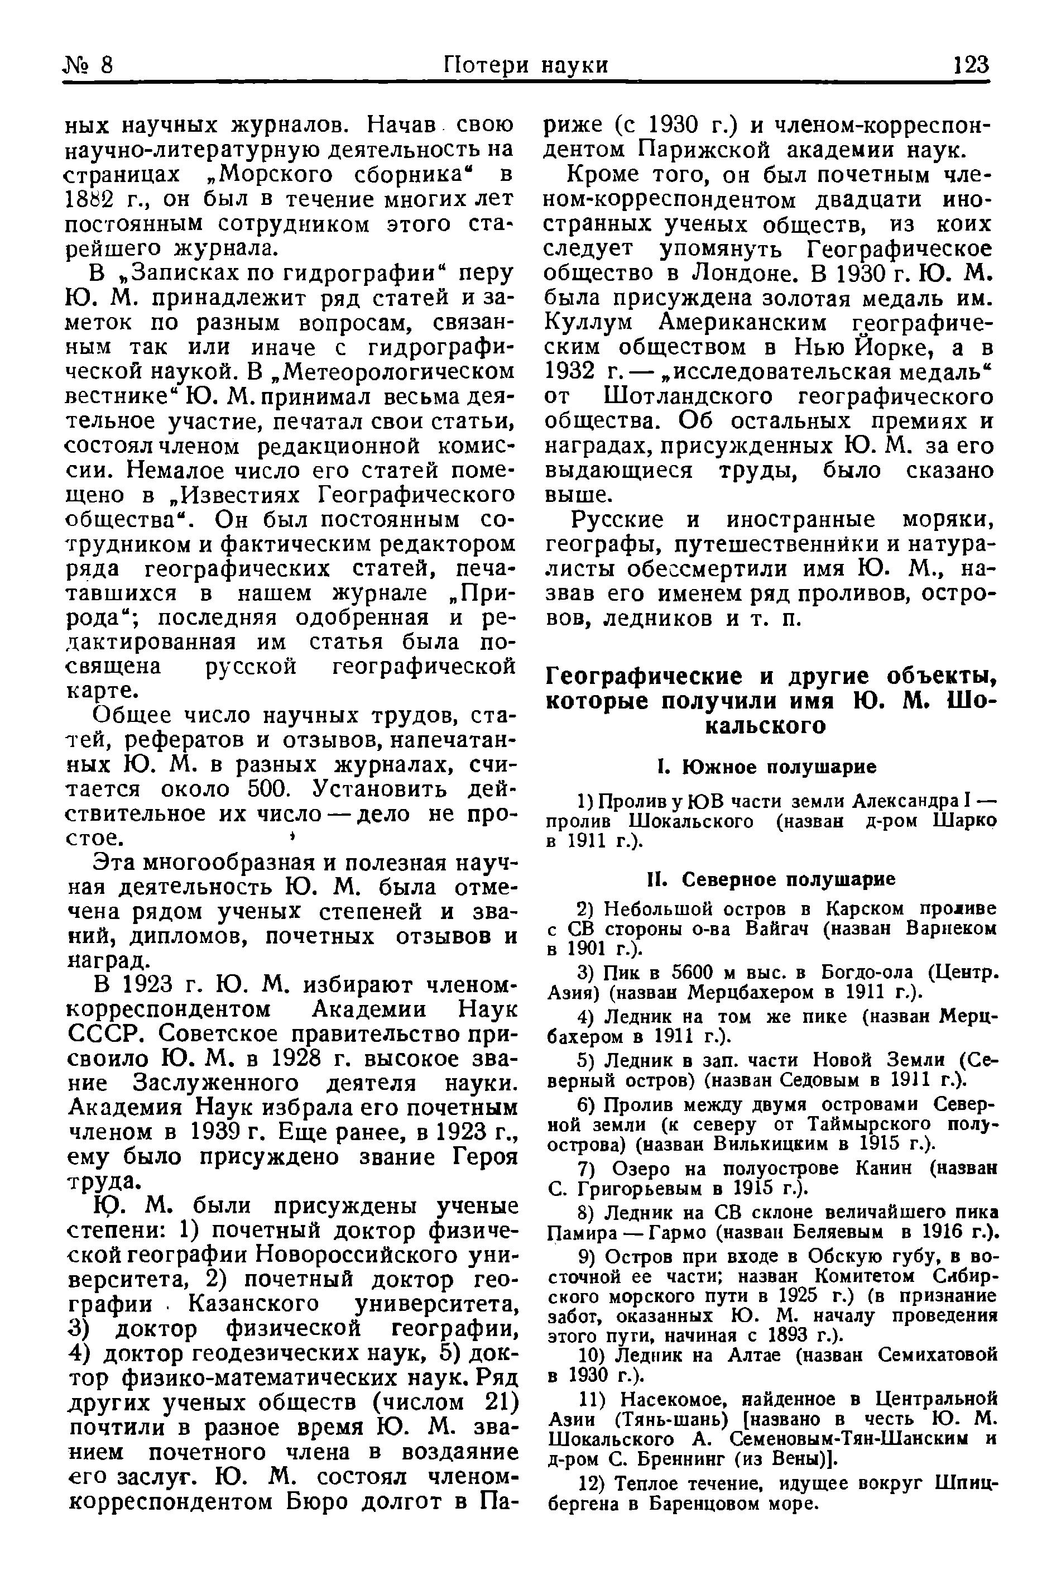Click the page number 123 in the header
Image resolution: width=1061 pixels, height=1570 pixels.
pyautogui.click(x=971, y=65)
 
